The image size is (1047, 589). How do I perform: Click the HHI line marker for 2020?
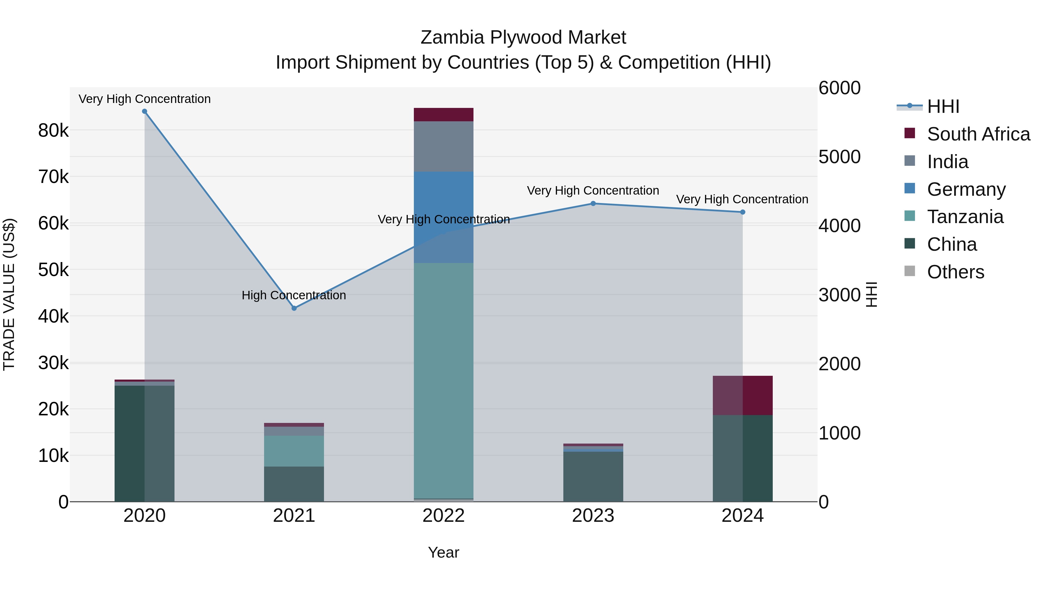[x=144, y=111]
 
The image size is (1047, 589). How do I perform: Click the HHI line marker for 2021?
[x=294, y=308]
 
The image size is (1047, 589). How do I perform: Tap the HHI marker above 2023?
[x=593, y=204]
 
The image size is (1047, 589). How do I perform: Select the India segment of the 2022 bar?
[x=444, y=146]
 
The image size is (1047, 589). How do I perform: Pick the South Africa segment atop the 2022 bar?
[x=444, y=115]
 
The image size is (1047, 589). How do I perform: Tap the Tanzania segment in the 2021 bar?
[x=294, y=451]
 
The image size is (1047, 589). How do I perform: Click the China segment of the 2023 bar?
[x=593, y=476]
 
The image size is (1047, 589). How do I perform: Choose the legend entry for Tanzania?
[x=965, y=217]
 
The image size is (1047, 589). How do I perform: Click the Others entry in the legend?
[x=955, y=272]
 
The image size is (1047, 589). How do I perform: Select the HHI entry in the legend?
[x=943, y=106]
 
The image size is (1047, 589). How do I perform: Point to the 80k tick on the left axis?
[x=53, y=131]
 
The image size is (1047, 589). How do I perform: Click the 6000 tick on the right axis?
[x=839, y=88]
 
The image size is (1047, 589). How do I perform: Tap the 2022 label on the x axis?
[x=444, y=516]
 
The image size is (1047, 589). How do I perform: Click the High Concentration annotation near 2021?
[x=293, y=295]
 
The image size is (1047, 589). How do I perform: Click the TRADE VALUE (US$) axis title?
[x=9, y=294]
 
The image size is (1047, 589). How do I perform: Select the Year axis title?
[x=444, y=552]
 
